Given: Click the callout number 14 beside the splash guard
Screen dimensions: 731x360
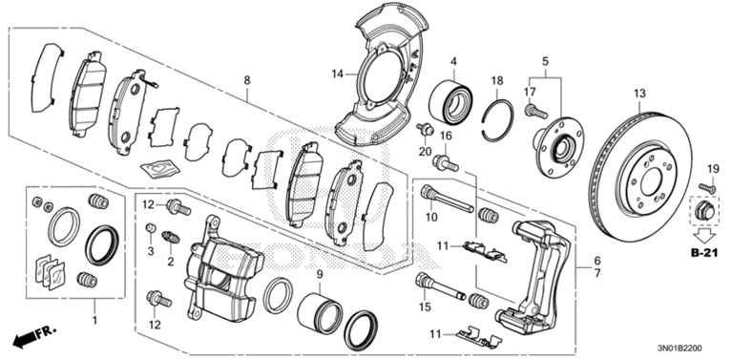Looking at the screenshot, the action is [338, 74].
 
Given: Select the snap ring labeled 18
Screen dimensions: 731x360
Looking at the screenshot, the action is [498, 120].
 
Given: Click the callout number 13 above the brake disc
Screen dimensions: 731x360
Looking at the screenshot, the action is [639, 94].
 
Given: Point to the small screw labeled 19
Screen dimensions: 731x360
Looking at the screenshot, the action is [707, 188].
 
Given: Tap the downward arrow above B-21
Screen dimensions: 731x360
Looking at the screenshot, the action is [704, 235].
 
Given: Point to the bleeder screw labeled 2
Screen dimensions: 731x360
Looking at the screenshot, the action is [171, 237].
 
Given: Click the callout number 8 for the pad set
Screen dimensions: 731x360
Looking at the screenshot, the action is [246, 80].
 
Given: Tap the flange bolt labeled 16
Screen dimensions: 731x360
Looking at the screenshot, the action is [446, 163].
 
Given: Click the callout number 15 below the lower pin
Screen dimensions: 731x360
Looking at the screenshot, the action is [426, 307].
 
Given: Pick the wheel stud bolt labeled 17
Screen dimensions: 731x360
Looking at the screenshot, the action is [536, 112].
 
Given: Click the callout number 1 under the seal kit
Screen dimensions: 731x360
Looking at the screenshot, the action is [95, 320].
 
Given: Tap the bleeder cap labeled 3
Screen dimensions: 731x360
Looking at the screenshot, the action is [150, 228].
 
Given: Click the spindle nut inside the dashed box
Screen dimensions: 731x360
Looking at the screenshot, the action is [705, 212].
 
